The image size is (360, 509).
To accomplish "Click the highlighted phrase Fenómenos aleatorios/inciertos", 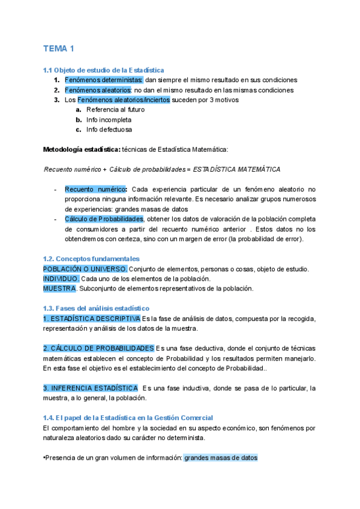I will [x=124, y=100].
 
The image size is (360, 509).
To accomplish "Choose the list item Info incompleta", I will [x=109, y=119].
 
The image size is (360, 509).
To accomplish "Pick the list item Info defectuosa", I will [x=109, y=129].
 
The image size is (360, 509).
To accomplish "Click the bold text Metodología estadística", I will [x=81, y=149].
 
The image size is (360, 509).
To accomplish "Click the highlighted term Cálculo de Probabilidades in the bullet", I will [x=104, y=219].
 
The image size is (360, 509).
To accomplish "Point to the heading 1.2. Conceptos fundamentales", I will [x=91, y=259].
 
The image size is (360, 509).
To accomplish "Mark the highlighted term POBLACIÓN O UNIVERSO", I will [x=85, y=269].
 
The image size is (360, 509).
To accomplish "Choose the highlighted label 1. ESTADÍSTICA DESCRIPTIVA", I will [x=92, y=318].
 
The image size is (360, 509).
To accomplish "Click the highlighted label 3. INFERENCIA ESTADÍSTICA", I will [x=90, y=388].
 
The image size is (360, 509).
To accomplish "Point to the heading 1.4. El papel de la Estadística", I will [x=128, y=418].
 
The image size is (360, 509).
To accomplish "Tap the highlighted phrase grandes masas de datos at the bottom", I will [x=220, y=457].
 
